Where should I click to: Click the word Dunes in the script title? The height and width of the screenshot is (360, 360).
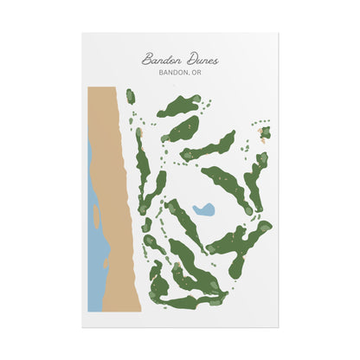tap(201, 61)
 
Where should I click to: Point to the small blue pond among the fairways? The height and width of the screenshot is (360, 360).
tap(204, 209)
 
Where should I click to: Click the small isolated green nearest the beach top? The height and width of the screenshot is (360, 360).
tap(131, 96)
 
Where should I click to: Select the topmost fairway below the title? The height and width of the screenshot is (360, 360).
tap(179, 106)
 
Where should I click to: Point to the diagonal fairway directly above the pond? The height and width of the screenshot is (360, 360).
tap(227, 185)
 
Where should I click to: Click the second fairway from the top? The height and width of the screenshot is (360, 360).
tap(182, 130)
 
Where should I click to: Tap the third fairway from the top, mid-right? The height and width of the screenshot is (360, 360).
tap(213, 146)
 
